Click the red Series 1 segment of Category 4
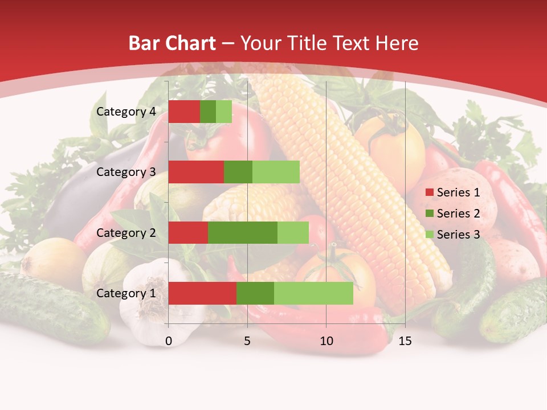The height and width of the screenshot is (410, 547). coord(184,112)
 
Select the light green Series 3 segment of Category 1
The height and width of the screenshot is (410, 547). coord(313,293)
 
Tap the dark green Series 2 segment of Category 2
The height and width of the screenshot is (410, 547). coord(243,233)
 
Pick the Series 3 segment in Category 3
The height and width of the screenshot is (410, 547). coord(276,172)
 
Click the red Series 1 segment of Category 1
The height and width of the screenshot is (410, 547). coord(202,293)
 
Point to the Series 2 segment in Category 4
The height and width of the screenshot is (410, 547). coord(208,112)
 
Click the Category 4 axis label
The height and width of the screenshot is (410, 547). coord(126,112)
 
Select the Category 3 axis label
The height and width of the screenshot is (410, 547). coord(126,172)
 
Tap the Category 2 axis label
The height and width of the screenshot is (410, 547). coord(126,233)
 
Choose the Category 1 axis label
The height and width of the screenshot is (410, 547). coord(126,293)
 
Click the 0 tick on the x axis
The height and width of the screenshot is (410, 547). coord(169,341)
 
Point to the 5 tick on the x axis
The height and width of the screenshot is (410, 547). coord(247,341)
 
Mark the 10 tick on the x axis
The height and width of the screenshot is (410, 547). coord(326,341)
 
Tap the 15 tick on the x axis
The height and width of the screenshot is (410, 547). coord(405,341)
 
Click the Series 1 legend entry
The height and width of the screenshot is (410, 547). coord(452,192)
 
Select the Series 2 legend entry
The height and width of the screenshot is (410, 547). coord(452,214)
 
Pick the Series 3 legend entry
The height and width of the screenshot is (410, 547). coord(452,235)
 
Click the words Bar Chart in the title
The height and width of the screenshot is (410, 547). coord(172,43)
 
